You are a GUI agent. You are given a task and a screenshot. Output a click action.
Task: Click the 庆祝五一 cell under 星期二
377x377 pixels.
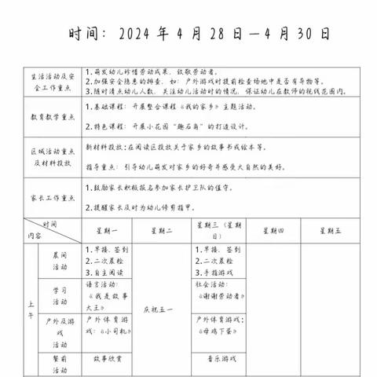[162, 308]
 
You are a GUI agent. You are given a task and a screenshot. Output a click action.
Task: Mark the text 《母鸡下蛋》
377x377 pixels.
[218, 332]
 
